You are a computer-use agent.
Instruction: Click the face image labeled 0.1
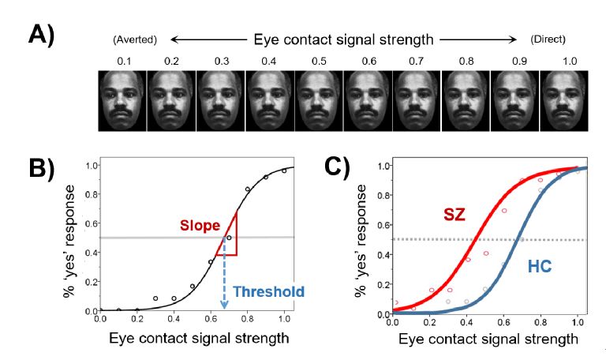point(122,99)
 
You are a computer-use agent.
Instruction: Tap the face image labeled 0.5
point(319,99)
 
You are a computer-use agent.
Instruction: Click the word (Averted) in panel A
point(136,39)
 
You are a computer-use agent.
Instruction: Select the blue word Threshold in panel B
point(267,292)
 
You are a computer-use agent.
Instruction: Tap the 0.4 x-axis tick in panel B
point(174,319)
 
